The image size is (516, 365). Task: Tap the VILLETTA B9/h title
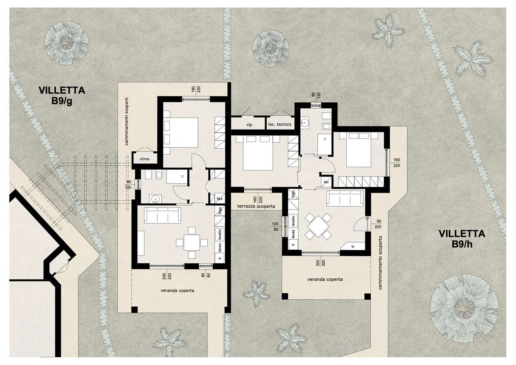coord(462,239)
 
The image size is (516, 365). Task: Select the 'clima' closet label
coord(144,159)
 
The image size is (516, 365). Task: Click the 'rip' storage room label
coord(249,125)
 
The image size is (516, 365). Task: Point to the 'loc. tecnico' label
coord(280,124)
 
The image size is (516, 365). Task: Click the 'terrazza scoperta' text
coord(256,206)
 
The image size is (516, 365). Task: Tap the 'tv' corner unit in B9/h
coord(353,247)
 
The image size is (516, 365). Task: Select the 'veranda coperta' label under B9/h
coord(325,279)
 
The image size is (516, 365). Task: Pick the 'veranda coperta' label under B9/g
coord(177,290)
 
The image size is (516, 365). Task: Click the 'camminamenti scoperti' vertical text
coord(127,122)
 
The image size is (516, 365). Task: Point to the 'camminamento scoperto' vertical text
coord(380,262)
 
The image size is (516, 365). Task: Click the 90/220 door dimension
coord(379,224)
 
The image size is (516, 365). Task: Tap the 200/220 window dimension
coord(167,276)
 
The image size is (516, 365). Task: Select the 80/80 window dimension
coord(206,275)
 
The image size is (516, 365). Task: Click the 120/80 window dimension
coord(275,227)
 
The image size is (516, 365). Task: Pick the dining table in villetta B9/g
coord(191,243)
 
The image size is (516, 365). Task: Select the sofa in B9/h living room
coord(345,198)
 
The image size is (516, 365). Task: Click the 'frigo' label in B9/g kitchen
coord(220,211)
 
